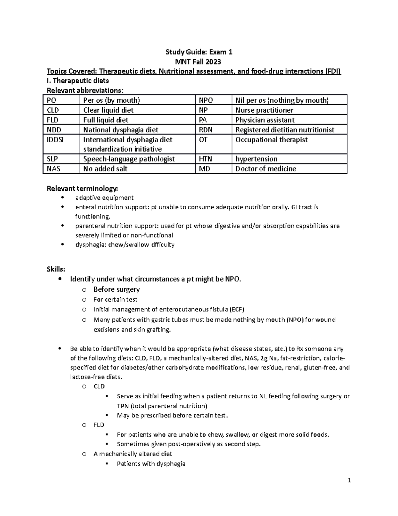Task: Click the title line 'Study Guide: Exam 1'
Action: [199, 52]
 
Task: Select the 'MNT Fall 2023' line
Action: [199, 62]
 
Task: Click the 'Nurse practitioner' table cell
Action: [264, 110]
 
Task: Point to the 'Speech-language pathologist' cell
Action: [129, 159]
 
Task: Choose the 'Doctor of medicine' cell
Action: [265, 169]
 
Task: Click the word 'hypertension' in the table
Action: [256, 159]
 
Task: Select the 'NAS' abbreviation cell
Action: [53, 169]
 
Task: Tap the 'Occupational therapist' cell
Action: [271, 140]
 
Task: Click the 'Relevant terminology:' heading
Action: [82, 189]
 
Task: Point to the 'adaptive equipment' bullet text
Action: [104, 198]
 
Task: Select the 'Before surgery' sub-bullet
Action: [116, 289]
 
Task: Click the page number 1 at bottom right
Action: [349, 480]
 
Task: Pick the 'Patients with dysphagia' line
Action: [151, 464]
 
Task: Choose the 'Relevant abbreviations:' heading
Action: [85, 90]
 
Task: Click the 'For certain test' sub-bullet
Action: [115, 300]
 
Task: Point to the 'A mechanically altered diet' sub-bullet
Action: [133, 454]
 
